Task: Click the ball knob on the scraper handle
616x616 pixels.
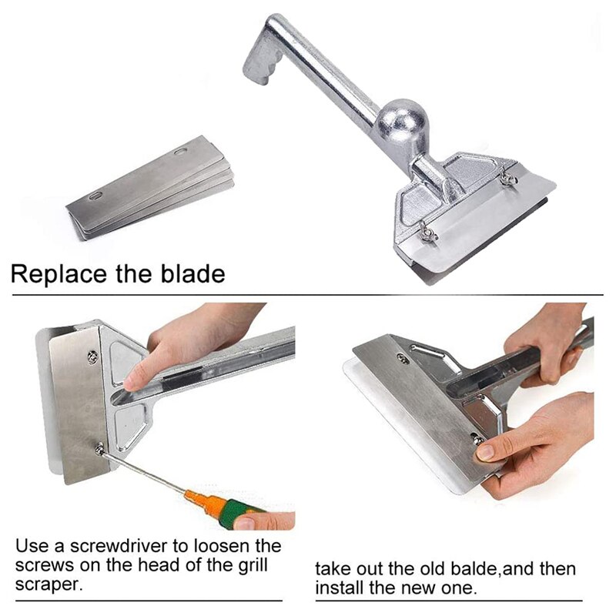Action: [x=400, y=122]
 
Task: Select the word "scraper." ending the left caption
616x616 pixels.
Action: [x=48, y=584]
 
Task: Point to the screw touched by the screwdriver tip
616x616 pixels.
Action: [x=100, y=447]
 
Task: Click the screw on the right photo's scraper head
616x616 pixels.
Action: [x=402, y=357]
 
